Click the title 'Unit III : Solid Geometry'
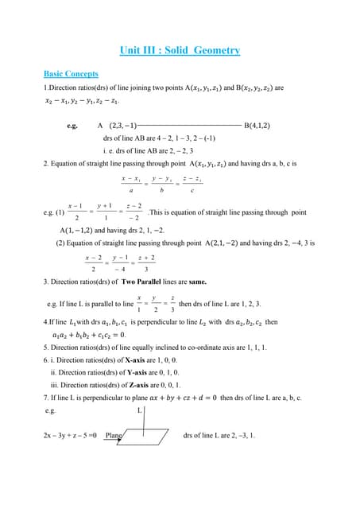[180, 51]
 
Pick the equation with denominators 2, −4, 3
[120, 263]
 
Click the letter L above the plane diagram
[140, 410]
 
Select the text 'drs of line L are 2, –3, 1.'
[219, 436]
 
